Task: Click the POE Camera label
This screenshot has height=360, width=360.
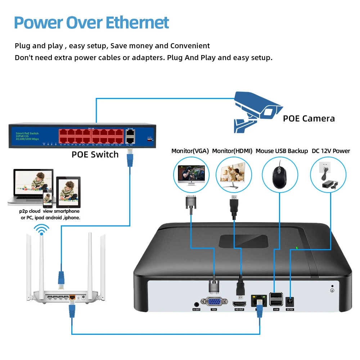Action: (309, 118)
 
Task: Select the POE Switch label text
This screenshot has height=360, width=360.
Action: (95, 154)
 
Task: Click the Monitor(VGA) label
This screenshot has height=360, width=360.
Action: (190, 151)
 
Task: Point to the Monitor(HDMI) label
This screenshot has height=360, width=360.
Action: (232, 151)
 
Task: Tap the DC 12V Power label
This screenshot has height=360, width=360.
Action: (331, 151)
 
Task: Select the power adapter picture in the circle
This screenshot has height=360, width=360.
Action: (330, 180)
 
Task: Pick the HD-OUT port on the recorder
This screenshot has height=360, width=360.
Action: (239, 303)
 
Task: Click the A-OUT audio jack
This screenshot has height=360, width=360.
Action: (197, 304)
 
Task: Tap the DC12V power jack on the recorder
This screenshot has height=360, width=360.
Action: (290, 302)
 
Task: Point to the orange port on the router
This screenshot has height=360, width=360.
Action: (72, 297)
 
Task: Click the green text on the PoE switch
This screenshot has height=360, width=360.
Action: (27, 136)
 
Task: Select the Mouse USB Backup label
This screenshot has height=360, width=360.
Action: (282, 151)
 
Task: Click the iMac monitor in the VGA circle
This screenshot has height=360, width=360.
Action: (191, 174)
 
